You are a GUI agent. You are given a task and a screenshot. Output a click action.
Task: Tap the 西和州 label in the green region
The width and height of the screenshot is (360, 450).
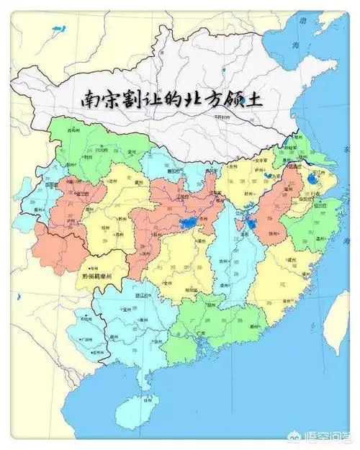click(72, 132)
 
